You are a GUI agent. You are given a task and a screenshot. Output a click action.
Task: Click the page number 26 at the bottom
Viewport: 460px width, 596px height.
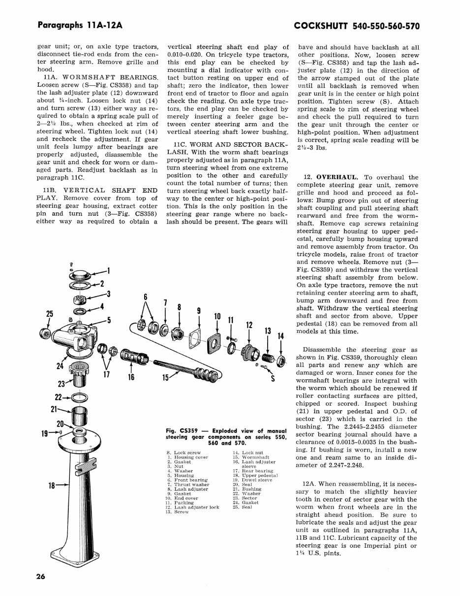tap(40, 578)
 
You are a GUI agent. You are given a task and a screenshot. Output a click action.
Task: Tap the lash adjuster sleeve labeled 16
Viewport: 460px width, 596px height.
tap(133, 357)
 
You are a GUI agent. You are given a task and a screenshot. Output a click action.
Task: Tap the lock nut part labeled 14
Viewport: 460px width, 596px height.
tap(280, 362)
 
